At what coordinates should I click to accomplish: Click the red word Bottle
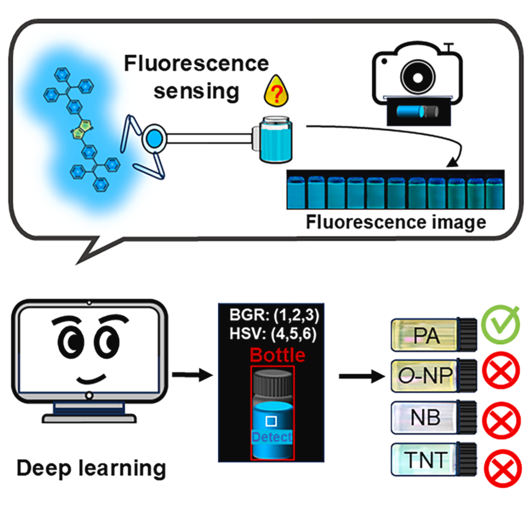point(277,356)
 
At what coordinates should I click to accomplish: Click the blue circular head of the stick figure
point(153,139)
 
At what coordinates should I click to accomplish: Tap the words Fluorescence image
point(396,223)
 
